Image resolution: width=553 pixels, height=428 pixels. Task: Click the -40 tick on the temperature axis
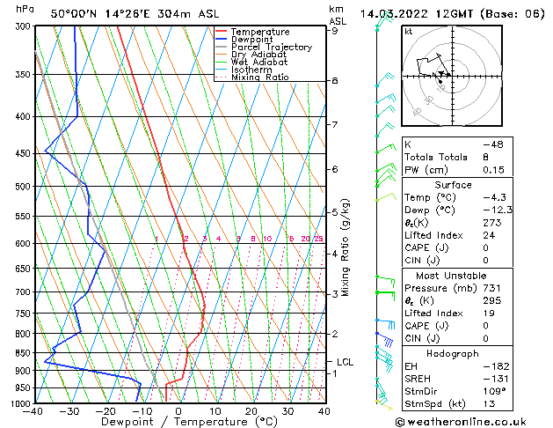coord(33,411)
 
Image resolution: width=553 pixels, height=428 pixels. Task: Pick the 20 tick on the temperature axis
coord(251,411)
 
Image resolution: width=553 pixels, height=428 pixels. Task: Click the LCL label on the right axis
coord(345,362)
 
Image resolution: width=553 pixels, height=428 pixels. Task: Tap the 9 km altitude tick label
coord(335,31)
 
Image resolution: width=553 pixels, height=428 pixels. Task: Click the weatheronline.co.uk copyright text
coord(471,420)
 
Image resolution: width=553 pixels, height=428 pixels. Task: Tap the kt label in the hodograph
coord(409,32)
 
